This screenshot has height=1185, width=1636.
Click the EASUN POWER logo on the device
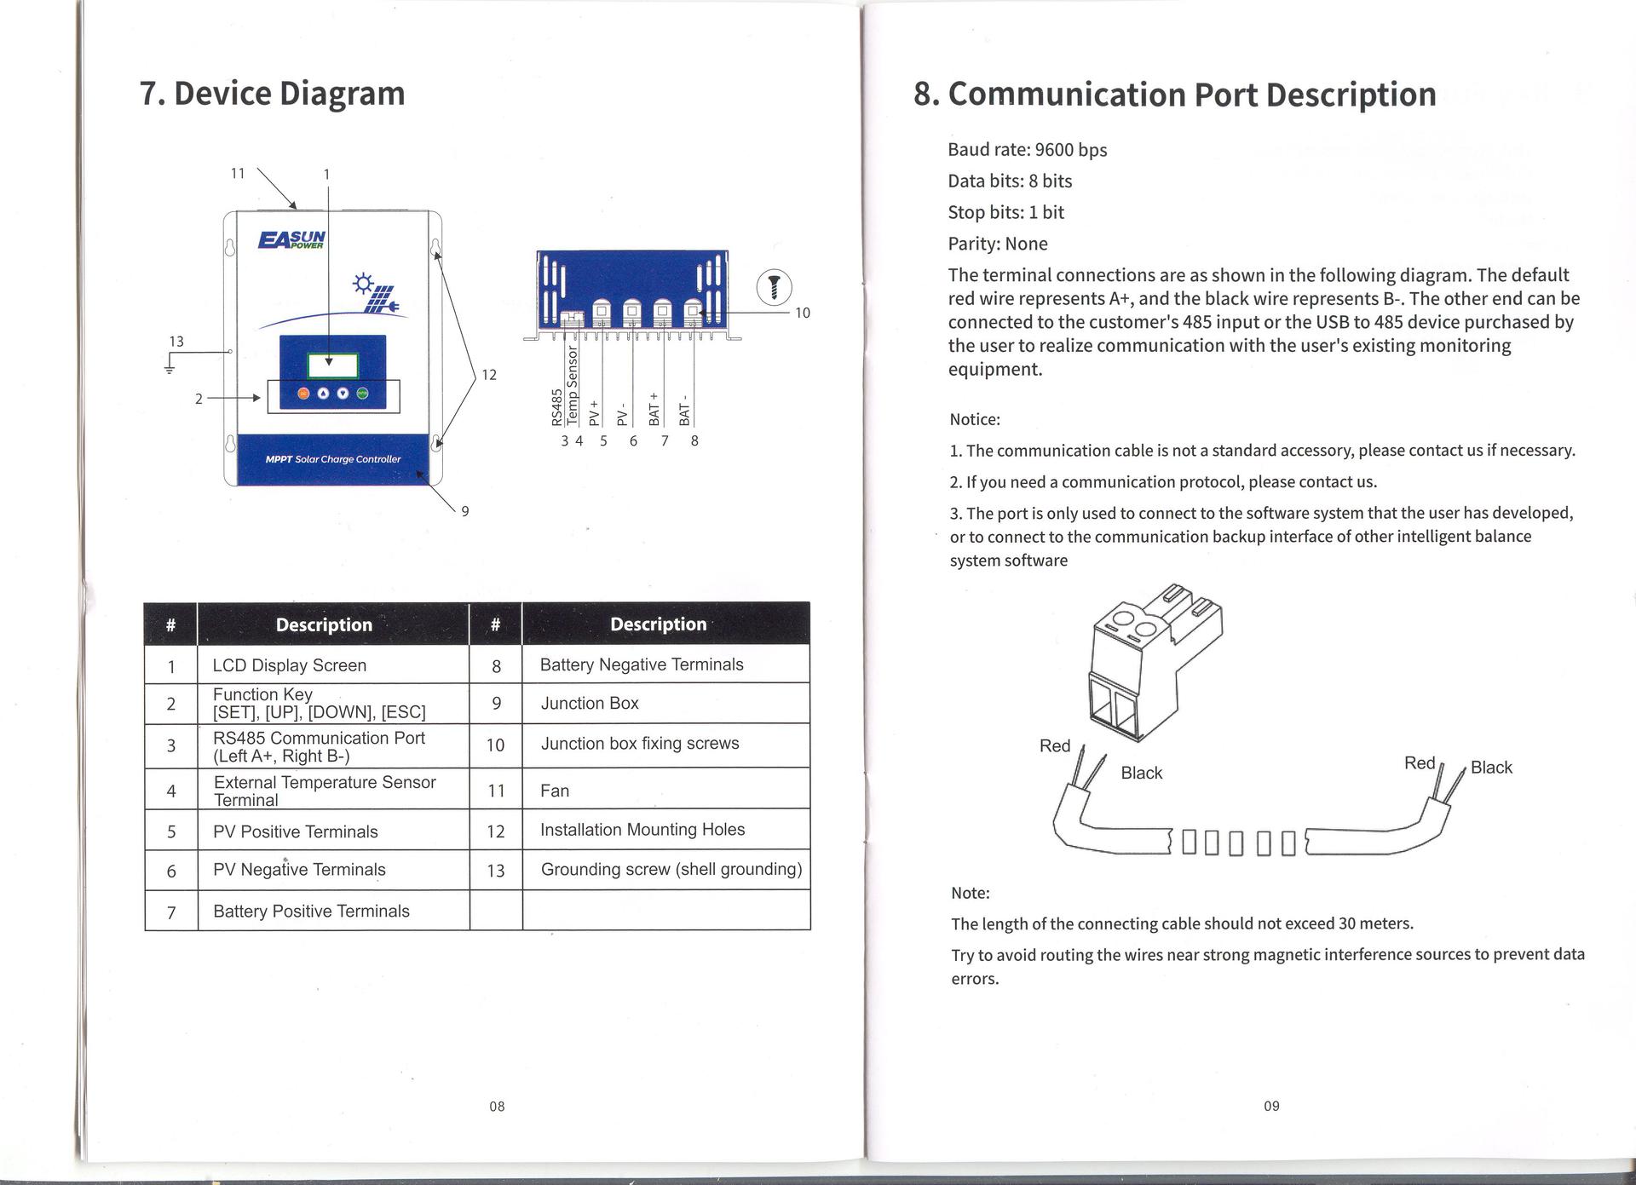coord(291,239)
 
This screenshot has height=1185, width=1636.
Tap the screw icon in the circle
coord(775,286)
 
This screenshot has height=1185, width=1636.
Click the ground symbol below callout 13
coord(170,368)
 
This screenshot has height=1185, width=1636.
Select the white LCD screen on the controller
coord(332,366)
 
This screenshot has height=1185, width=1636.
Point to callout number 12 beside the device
coord(489,375)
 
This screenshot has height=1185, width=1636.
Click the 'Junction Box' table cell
coord(590,704)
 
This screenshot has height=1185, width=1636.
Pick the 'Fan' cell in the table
coord(555,791)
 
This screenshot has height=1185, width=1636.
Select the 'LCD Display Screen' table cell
coord(290,665)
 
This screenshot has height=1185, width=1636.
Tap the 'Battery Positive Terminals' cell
coord(311,912)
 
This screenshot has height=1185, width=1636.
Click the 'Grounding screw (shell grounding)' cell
coord(671,870)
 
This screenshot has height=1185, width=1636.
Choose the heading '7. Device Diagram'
coord(273,94)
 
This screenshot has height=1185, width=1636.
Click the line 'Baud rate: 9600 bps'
coord(1027,150)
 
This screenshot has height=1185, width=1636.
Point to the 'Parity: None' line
coord(998,244)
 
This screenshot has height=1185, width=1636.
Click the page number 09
coord(1271,1107)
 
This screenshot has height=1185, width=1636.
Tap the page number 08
coord(497,1107)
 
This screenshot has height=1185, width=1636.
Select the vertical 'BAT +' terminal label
coord(654,408)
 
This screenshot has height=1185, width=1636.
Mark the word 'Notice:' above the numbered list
coord(975,419)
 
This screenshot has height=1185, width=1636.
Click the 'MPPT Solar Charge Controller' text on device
coord(333,459)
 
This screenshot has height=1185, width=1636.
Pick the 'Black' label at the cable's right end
coord(1491,768)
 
